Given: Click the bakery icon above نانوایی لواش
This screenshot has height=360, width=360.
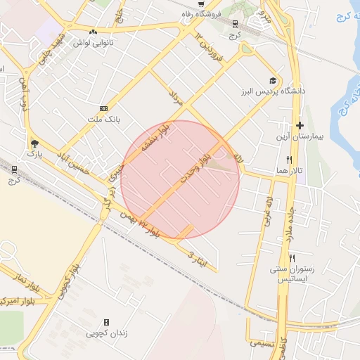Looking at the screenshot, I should (94, 31).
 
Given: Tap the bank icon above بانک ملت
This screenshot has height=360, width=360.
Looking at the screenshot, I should (104, 108).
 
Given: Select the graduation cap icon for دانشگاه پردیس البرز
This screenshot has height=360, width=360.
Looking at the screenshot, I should (272, 81).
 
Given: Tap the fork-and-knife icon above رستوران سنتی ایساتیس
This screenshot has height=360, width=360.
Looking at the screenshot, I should (292, 257).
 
